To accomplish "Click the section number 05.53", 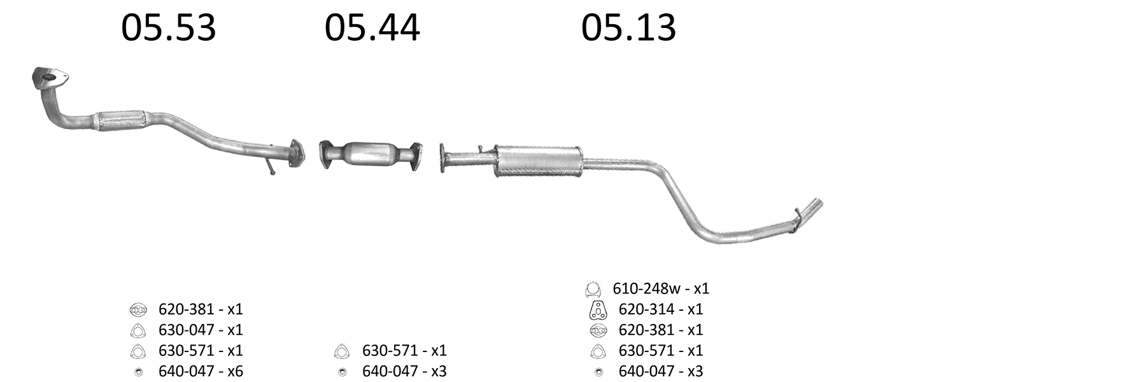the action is click(x=169, y=28).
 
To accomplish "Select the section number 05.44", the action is click(x=372, y=28).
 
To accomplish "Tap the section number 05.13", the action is click(x=628, y=28).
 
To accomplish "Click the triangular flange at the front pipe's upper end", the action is click(x=49, y=78).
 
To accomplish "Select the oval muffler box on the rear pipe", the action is click(x=539, y=160).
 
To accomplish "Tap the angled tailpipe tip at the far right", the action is click(x=810, y=212).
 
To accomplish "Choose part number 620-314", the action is click(x=646, y=309).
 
